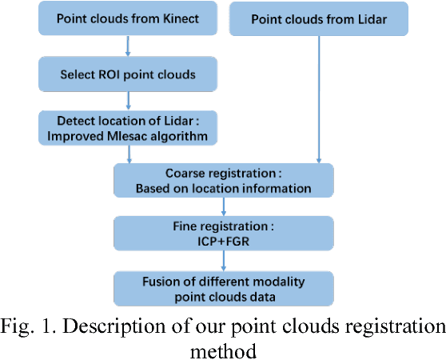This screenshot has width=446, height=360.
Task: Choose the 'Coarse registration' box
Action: pyautogui.click(x=224, y=181)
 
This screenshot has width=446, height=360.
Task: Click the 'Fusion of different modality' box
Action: pyautogui.click(x=224, y=286)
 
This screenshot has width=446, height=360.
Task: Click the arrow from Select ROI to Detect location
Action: pyautogui.click(x=127, y=101)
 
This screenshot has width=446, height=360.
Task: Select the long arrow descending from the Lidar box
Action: pyautogui.click(x=319, y=96)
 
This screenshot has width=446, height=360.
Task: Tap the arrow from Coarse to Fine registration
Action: pyautogui.click(x=224, y=206)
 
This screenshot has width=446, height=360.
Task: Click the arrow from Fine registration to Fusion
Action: pyautogui.click(x=224, y=258)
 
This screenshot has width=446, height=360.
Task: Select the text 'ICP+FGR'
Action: pyautogui.click(x=223, y=241)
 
